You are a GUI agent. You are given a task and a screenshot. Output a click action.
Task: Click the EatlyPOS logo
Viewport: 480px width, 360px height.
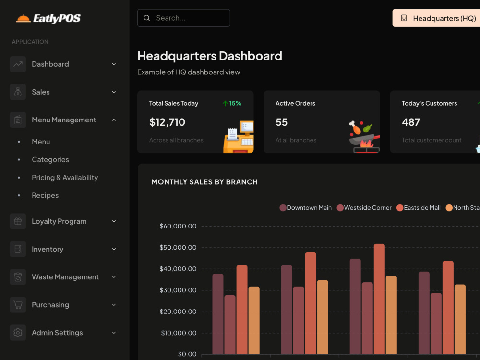(x=48, y=18)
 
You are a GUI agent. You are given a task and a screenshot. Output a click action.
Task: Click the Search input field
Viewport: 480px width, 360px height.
(x=184, y=18)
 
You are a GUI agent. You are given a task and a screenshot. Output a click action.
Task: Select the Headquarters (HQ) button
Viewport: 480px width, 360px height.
(x=436, y=18)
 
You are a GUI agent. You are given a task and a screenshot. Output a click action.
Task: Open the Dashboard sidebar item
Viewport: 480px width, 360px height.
(x=50, y=64)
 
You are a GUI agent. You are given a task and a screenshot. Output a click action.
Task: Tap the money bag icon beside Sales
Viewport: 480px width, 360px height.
(x=18, y=92)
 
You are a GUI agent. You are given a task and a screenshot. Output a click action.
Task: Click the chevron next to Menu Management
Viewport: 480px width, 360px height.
(x=114, y=120)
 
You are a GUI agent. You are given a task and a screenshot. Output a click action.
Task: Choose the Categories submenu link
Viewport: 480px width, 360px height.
(x=50, y=160)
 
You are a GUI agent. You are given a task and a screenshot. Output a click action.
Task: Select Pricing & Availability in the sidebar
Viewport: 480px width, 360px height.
(x=65, y=178)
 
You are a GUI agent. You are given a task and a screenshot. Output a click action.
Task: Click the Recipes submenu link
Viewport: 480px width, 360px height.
(x=45, y=196)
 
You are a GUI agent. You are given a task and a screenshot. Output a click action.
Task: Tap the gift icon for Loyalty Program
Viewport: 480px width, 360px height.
(x=18, y=221)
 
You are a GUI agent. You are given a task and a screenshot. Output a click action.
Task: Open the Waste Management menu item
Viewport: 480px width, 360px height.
(x=65, y=277)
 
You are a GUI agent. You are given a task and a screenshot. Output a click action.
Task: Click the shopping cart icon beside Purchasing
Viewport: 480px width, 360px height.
(x=18, y=305)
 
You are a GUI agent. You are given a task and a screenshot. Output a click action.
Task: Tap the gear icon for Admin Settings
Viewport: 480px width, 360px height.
(x=18, y=333)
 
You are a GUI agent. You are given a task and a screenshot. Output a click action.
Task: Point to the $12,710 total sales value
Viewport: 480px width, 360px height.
(x=167, y=122)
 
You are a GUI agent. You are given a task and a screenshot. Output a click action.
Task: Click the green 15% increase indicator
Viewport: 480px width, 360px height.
(x=232, y=104)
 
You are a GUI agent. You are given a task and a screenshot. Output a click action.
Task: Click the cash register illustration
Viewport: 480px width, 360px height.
(x=239, y=137)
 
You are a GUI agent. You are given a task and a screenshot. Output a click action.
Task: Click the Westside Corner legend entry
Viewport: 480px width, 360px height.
(x=364, y=208)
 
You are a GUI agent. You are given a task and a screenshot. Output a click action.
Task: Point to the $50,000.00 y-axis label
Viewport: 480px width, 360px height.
(x=178, y=247)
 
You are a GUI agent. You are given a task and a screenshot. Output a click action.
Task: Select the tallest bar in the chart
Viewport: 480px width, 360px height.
(x=379, y=299)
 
